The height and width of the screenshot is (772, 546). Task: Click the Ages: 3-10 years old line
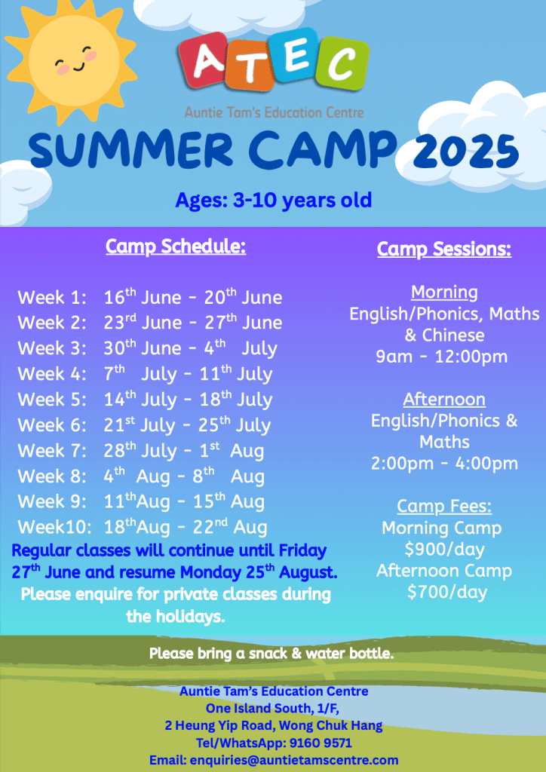pos(274,201)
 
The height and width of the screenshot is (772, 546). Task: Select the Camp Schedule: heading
pos(176,247)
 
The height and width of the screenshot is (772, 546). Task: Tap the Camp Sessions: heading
pos(444,249)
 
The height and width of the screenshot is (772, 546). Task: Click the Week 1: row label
pos(52,298)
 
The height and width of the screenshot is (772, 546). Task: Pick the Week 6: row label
pos(52,425)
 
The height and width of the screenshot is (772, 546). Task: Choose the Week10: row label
pos(54,527)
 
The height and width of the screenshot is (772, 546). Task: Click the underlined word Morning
pos(444,293)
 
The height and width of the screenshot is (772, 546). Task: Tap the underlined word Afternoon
pos(444,400)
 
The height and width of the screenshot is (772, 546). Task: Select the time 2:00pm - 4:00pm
pos(445,464)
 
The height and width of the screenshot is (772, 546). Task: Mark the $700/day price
pos(447,592)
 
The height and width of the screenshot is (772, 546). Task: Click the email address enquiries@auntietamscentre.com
pos(294,760)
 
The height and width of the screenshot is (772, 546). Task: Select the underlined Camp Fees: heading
pos(444,506)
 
